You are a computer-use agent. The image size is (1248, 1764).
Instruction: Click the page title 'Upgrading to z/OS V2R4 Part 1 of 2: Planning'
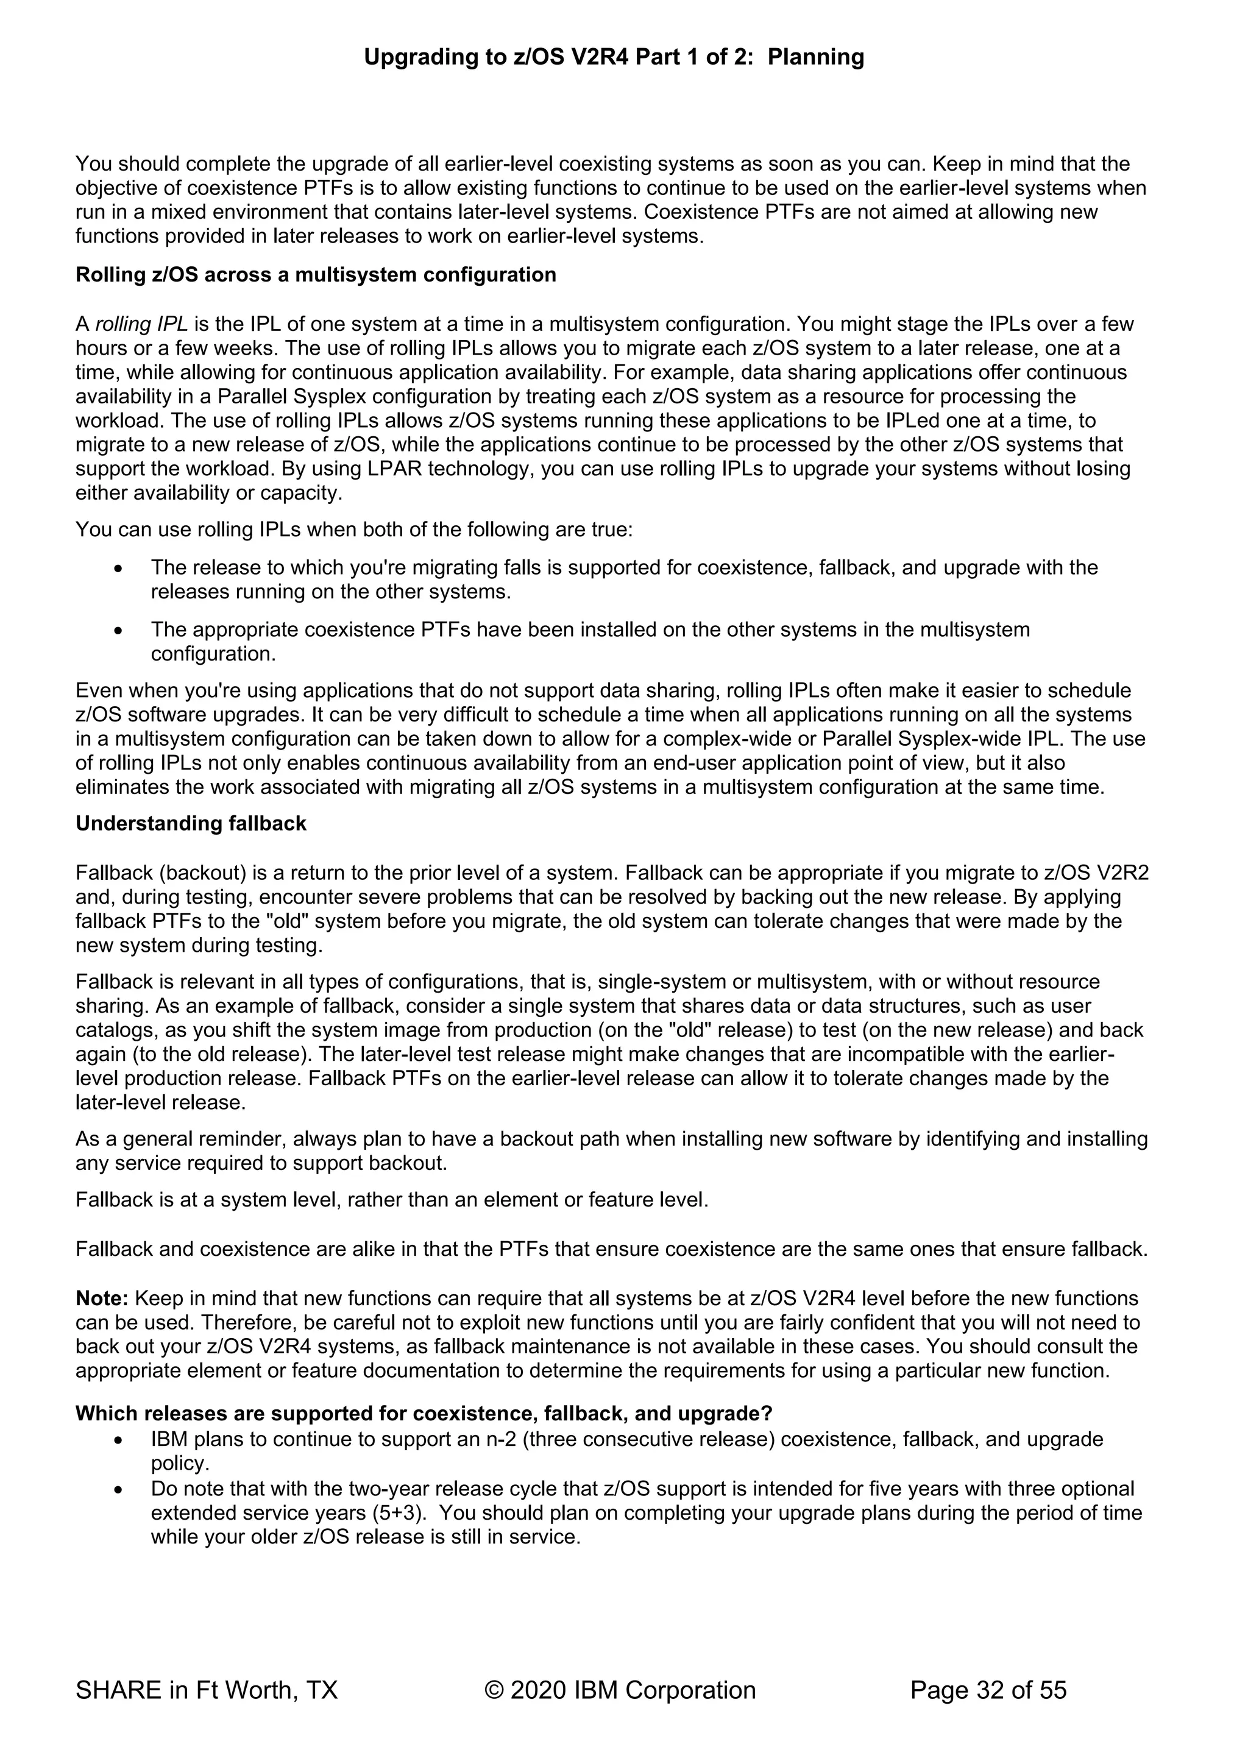click(613, 57)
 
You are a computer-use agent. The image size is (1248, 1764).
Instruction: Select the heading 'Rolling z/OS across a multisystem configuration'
click(315, 274)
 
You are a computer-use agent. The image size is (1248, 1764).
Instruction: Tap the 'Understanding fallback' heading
click(191, 824)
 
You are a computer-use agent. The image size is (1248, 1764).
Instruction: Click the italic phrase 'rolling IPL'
click(141, 324)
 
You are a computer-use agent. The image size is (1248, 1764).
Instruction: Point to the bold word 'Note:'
click(102, 1298)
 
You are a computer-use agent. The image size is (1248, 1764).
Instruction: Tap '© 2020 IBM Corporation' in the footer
click(620, 1690)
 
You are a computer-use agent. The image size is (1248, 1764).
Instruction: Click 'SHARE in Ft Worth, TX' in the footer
click(206, 1690)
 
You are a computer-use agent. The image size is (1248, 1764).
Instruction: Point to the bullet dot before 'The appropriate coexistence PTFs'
click(118, 631)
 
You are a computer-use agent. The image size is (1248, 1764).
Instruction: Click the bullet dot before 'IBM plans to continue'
click(118, 1440)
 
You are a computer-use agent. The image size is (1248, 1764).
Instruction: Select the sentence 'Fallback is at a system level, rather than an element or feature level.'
click(392, 1199)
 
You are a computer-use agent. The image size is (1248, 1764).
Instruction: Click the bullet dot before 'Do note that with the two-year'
click(118, 1490)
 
